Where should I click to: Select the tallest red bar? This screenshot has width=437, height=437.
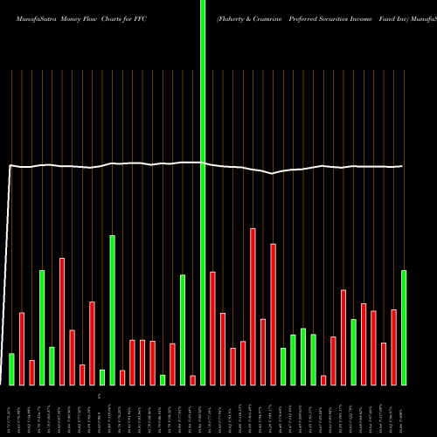pyautogui.click(x=253, y=306)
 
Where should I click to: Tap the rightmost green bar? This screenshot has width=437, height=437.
pyautogui.click(x=404, y=327)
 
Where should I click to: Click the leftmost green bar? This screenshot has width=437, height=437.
pyautogui.click(x=11, y=369)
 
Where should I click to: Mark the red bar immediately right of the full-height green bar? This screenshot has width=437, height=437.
pyautogui.click(x=212, y=328)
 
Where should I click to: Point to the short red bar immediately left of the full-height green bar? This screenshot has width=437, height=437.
pyautogui.click(x=192, y=380)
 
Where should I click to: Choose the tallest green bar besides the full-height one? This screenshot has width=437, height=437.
pyautogui.click(x=112, y=309)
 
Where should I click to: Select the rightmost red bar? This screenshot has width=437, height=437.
pyautogui.click(x=394, y=347)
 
